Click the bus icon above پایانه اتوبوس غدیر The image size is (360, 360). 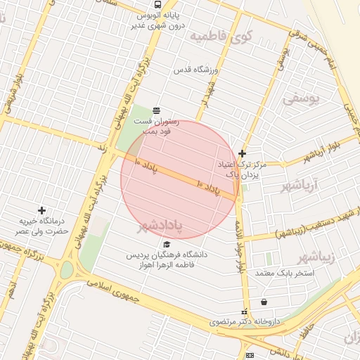(x=156, y=4)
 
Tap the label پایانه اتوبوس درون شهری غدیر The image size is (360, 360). (x=157, y=20)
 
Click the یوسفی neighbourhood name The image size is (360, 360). (x=301, y=98)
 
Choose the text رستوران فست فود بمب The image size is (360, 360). (x=160, y=126)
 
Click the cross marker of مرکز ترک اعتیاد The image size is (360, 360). (x=242, y=153)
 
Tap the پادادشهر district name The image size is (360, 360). (x=159, y=226)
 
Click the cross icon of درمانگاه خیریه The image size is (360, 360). (x=42, y=210)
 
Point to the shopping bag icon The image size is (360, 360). (x=264, y=302)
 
